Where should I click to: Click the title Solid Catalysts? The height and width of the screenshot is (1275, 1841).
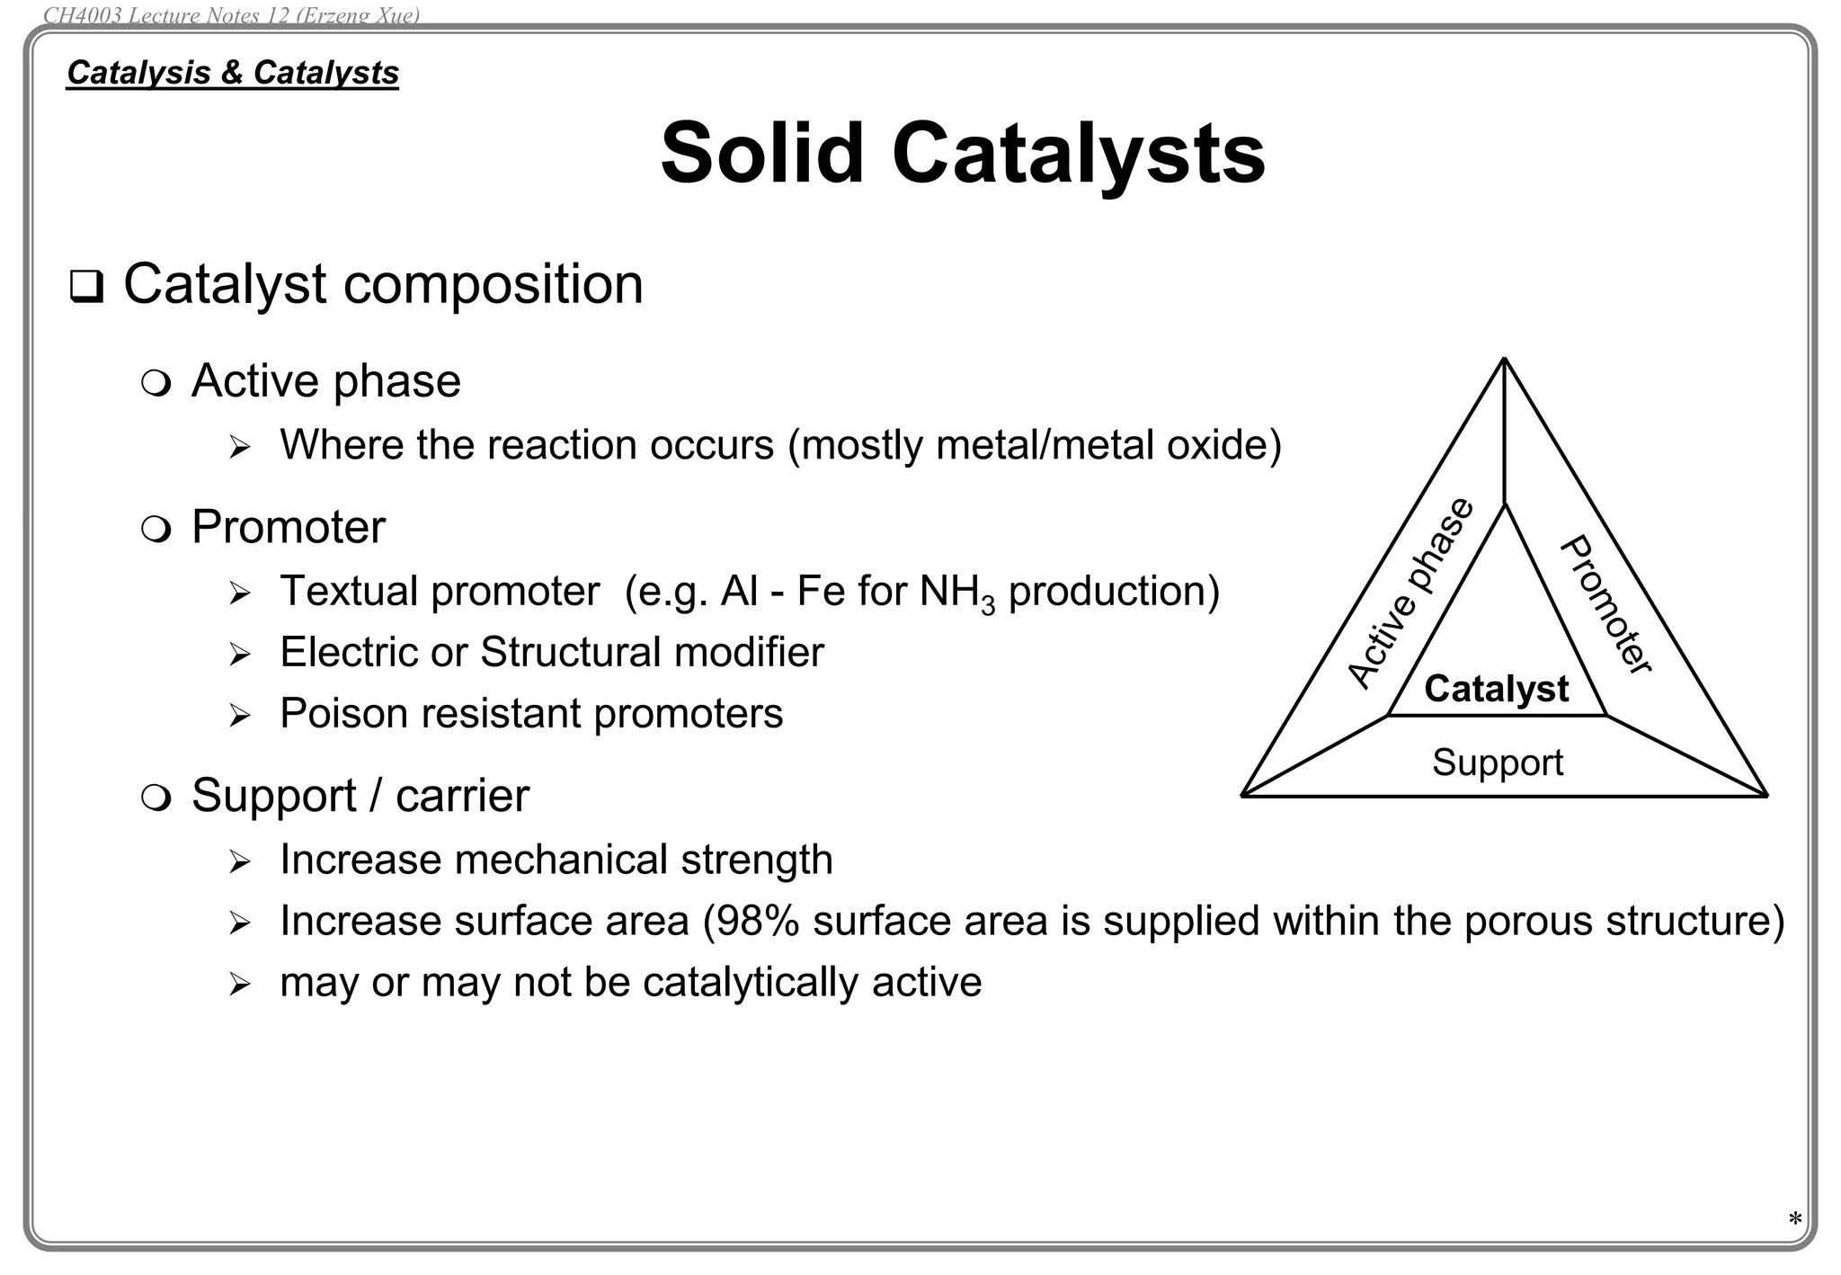click(x=963, y=153)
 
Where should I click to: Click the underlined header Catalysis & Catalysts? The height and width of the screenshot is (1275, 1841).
click(x=233, y=73)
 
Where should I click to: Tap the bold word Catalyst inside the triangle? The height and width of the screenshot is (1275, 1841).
click(x=1496, y=690)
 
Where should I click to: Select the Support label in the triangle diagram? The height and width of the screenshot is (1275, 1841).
click(x=1498, y=762)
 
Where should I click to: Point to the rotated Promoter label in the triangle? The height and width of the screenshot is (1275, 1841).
click(x=1605, y=604)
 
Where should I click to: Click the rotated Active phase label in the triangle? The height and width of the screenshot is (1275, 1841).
click(x=1410, y=593)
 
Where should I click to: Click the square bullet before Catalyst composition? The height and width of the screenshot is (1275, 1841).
click(x=86, y=287)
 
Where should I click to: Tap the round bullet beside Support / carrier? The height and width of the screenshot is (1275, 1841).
click(x=156, y=798)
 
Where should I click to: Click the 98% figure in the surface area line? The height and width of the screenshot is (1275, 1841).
click(x=757, y=921)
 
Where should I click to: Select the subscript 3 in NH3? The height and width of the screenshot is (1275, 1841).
click(x=988, y=605)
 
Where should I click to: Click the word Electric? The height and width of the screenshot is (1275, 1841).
click(x=348, y=653)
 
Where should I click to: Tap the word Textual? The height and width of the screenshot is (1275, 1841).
click(x=350, y=592)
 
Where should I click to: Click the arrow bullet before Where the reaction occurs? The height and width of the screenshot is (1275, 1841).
click(x=239, y=447)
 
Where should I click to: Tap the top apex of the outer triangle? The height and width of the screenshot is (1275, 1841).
click(x=1504, y=359)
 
